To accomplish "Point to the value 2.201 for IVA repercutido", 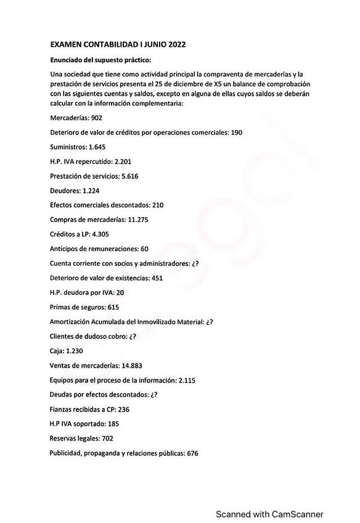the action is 121,161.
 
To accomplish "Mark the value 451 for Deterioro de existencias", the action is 157,278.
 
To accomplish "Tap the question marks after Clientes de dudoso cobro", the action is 131,336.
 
